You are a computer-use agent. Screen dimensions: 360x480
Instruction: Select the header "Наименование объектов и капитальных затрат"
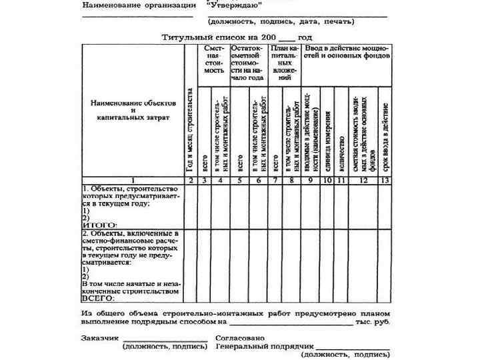coord(133,110)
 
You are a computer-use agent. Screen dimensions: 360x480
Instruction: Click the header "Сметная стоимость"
coord(213,60)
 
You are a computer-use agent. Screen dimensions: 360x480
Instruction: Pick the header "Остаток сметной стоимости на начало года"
coord(249,64)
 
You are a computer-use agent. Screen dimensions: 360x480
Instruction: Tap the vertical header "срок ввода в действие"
coord(385,133)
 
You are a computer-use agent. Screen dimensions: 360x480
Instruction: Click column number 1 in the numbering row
coord(133,180)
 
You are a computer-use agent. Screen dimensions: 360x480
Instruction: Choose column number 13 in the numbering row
coord(385,180)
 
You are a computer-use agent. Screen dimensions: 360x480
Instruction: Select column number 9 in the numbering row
coord(310,180)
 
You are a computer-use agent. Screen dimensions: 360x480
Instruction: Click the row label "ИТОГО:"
coord(99,225)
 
